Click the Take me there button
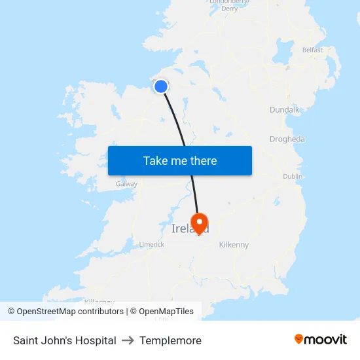pos(179,160)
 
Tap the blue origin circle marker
pos(161,86)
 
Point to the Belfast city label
pos(312,50)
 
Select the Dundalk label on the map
pos(284,110)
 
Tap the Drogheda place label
pos(287,139)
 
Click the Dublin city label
pos(293,176)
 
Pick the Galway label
pos(126,184)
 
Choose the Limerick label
pos(151,244)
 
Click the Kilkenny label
pos(234,245)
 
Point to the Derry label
pos(229,9)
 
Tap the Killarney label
pos(99,302)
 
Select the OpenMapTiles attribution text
pos(166,312)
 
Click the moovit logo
pos(320,339)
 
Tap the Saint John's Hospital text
pos(65,340)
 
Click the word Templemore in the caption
pos(170,340)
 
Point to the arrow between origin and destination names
pos(128,340)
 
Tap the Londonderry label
pos(228,2)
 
